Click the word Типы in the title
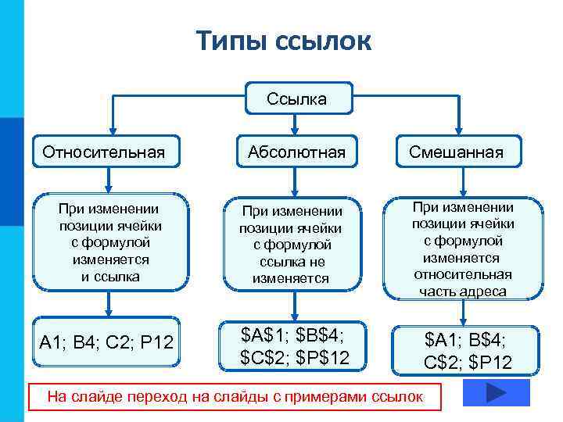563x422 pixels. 231,41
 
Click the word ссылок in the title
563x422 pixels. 323,41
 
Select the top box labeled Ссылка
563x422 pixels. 296,99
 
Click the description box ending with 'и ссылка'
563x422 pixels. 110,242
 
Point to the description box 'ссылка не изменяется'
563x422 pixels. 292,244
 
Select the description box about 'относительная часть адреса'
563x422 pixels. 461,249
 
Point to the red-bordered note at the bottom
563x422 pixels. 235,397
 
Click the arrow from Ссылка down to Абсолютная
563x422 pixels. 294,124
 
